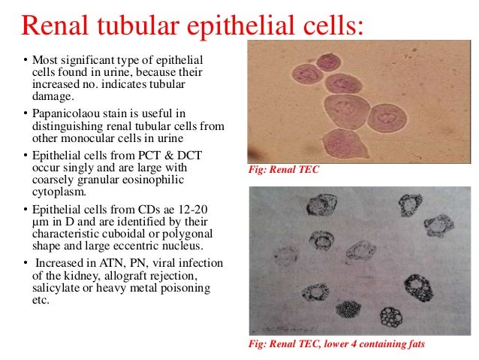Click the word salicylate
(x=54, y=290)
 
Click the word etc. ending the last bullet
(x=39, y=301)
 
